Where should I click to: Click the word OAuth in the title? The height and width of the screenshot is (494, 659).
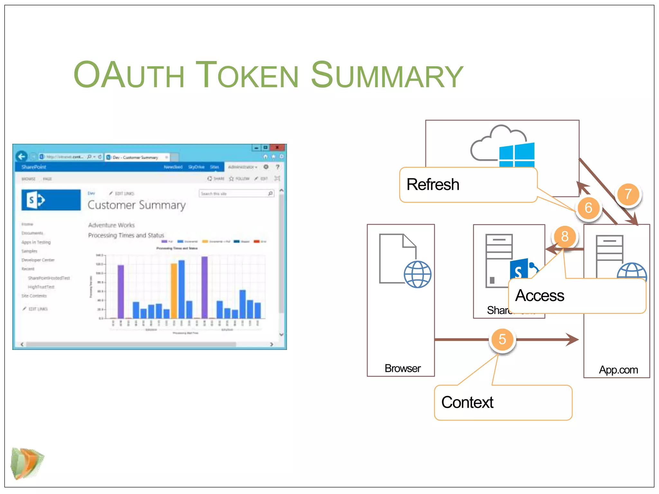(129, 75)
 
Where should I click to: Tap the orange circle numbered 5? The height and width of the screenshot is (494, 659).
(502, 339)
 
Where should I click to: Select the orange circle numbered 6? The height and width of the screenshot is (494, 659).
(588, 208)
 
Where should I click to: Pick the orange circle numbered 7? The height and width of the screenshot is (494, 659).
(628, 194)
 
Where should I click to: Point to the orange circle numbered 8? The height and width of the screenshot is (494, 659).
(565, 236)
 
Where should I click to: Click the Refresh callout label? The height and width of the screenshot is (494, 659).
(433, 185)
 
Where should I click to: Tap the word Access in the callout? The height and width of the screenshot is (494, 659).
(540, 296)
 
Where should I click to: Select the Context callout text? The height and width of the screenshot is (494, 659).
(467, 402)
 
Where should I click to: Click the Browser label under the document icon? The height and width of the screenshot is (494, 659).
(402, 368)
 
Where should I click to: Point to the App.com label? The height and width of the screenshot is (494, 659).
(618, 370)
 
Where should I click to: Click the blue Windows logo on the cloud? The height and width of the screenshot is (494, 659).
(517, 155)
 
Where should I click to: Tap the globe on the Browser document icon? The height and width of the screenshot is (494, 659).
(418, 274)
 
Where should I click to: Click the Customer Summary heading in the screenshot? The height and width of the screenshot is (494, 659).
(136, 205)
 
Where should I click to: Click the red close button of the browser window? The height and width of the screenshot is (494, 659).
(277, 148)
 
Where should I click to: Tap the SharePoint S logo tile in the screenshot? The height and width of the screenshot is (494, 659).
(51, 200)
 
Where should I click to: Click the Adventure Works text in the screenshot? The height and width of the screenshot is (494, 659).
(111, 225)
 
